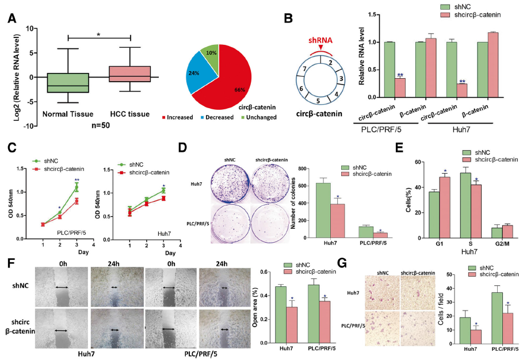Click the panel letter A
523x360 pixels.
[x=11, y=17]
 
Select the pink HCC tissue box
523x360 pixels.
[x=131, y=74]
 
